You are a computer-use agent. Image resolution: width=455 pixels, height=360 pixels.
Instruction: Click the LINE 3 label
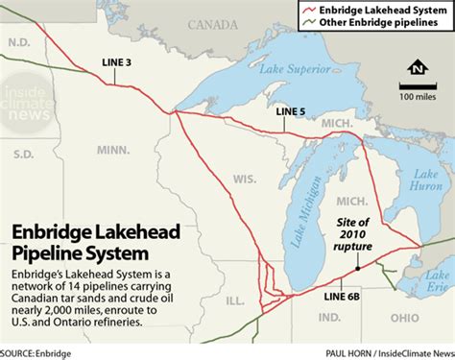(x=117, y=63)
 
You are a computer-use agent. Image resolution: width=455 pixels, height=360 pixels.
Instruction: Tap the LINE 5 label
(x=291, y=111)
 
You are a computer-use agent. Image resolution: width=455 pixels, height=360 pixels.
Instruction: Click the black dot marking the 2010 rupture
(x=357, y=270)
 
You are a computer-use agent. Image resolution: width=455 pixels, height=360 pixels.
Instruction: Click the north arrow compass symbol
(x=415, y=69)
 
